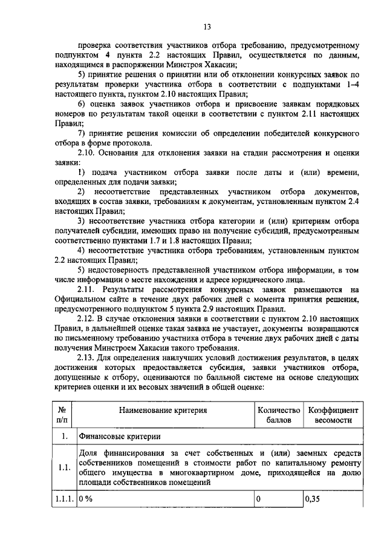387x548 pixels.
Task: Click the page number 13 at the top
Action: click(206, 26)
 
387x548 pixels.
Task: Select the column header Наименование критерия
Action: click(163, 410)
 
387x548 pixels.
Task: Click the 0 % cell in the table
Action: click(85, 500)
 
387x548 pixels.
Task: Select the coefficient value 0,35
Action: click(313, 500)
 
